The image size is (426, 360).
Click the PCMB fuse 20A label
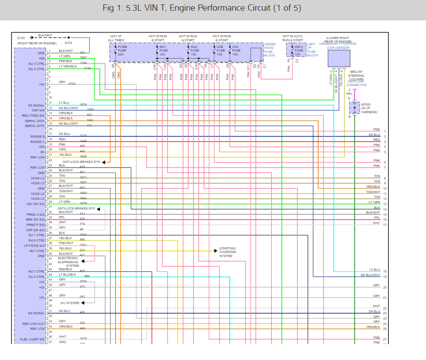coord(122,50)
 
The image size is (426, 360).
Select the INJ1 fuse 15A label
coord(163,50)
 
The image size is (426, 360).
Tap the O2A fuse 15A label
coord(236,50)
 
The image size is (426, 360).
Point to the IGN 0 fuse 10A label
coord(299,50)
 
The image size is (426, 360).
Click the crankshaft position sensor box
coord(339,58)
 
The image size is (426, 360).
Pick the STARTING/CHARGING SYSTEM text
coord(228,252)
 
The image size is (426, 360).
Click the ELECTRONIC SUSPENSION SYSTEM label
coord(68,262)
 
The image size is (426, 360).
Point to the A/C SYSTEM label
coord(69,303)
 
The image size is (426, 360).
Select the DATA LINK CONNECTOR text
coord(356,83)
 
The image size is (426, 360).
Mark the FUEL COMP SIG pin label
coord(32,340)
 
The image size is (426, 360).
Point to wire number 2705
coord(72,83)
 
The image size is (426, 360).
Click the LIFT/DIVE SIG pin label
coord(34,245)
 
